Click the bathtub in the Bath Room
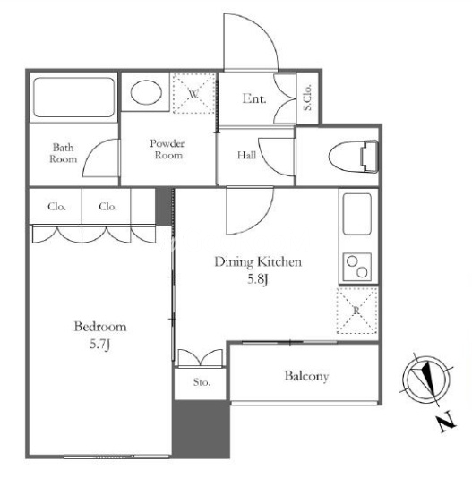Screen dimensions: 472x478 [x=74, y=98]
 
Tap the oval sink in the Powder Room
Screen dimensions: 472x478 [x=146, y=92]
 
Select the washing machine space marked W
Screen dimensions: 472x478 [x=194, y=93]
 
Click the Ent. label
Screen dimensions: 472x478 [x=254, y=98]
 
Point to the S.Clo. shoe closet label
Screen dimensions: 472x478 [x=307, y=97]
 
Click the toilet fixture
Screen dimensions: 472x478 [x=354, y=157]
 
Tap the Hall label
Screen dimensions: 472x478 [x=246, y=155]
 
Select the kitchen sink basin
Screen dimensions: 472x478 [x=357, y=214]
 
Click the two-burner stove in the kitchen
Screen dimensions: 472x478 [x=357, y=267]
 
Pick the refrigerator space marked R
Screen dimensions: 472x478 [x=356, y=311]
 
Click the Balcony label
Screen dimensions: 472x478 [x=306, y=376]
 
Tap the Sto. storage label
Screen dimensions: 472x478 [x=202, y=382]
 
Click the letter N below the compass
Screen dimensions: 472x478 [x=447, y=422]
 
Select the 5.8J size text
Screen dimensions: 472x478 [x=258, y=278]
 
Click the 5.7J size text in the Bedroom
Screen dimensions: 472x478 [x=99, y=344]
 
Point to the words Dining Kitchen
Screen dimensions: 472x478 [x=258, y=262]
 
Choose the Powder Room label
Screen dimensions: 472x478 [x=167, y=149]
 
